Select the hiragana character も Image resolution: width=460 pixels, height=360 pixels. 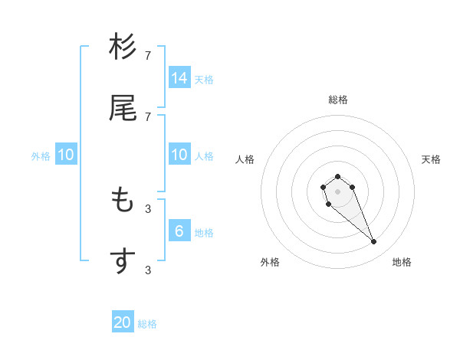(x=123, y=200)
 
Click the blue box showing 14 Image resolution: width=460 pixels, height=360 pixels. (x=179, y=77)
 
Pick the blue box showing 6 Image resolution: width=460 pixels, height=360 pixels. (x=179, y=231)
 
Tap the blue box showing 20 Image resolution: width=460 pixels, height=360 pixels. (x=123, y=322)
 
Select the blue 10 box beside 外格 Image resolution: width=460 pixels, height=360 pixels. (x=66, y=155)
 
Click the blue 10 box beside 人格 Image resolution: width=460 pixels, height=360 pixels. (x=179, y=155)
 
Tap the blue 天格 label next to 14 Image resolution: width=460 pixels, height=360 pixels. (x=204, y=79)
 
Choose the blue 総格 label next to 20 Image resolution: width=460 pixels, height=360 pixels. (x=147, y=324)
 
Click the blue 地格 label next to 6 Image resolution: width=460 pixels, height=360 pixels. (x=204, y=232)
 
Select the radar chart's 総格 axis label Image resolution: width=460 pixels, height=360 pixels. (x=337, y=100)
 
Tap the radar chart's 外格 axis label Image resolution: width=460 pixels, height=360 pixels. (x=270, y=262)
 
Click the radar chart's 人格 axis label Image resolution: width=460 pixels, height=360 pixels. (x=245, y=159)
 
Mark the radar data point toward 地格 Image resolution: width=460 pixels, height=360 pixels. (x=374, y=242)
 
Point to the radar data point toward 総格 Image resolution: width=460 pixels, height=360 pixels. (x=337, y=176)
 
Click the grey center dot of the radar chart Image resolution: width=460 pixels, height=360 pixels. (x=337, y=191)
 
